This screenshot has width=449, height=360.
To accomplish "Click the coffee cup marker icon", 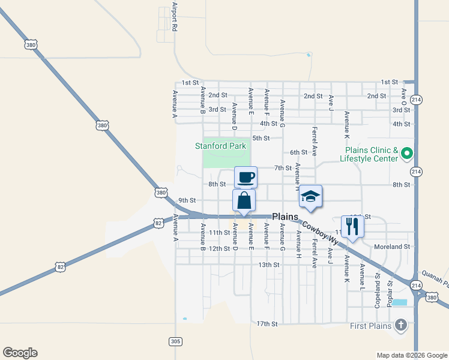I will tap(246, 178).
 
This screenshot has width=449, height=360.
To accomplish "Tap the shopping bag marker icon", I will tap(244, 200).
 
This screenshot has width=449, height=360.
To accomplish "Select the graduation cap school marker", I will tap(310, 196).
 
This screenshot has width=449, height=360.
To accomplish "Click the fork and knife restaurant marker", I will tap(352, 226).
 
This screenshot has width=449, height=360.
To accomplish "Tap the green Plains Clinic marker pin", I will tap(406, 154).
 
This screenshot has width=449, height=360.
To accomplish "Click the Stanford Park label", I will tap(221, 146).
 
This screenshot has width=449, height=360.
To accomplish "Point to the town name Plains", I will tap(285, 217).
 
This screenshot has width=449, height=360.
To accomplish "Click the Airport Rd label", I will tap(175, 17).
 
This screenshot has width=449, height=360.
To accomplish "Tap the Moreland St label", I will tap(391, 247).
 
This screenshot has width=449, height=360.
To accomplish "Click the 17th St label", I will tap(267, 324).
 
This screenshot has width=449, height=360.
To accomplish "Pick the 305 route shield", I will tap(175, 341).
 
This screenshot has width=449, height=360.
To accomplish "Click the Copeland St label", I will tap(378, 290).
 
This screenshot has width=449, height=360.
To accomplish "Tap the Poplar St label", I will tap(390, 291).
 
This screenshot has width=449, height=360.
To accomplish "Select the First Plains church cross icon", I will tap(400, 326).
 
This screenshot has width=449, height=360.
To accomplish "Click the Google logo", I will tap(20, 353).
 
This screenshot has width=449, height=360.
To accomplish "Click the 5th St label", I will tap(261, 138).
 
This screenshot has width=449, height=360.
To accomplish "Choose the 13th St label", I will tap(269, 265).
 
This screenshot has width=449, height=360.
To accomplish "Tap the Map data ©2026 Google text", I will tap(412, 355).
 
